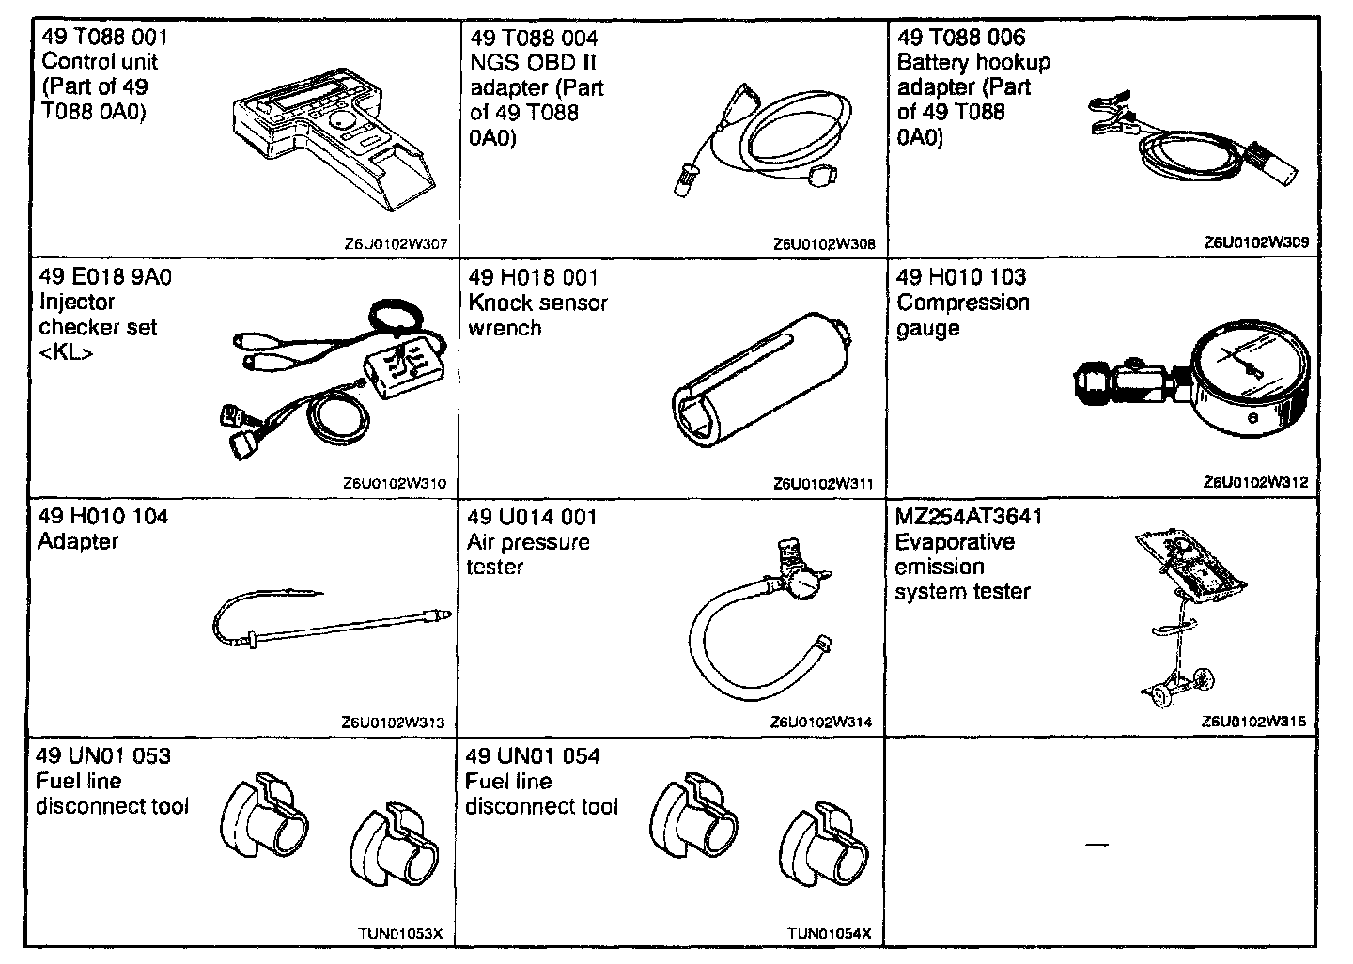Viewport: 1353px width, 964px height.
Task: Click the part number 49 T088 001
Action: click(x=104, y=38)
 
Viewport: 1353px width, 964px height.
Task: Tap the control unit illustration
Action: click(x=329, y=141)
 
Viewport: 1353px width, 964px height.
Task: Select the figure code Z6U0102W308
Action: click(x=824, y=244)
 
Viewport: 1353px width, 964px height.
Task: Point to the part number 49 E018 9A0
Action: click(x=105, y=277)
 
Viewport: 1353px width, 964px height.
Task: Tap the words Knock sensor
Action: click(x=537, y=303)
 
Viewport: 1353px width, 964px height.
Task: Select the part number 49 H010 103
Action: click(x=961, y=277)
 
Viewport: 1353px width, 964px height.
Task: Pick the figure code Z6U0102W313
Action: click(x=394, y=723)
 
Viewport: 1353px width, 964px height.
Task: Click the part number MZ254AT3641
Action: click(x=969, y=517)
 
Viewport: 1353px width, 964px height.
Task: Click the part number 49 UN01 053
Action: click(x=103, y=756)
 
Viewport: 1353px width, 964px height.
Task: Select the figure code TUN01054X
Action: click(x=830, y=933)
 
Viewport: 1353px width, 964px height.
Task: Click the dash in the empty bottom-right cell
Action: click(x=1096, y=845)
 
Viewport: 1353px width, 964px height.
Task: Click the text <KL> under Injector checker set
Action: click(x=67, y=353)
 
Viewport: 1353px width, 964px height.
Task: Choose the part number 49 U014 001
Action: click(x=532, y=517)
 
